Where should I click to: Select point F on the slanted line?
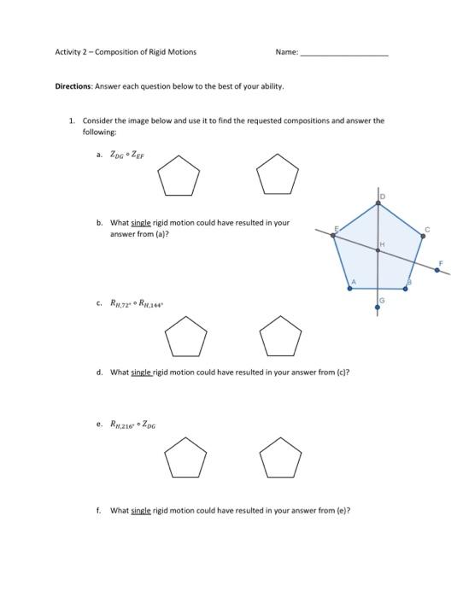[437, 270]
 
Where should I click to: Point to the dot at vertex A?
[350, 289]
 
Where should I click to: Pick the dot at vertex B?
[405, 289]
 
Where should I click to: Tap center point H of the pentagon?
[378, 250]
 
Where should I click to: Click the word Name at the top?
[286, 52]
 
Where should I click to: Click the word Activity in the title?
[70, 52]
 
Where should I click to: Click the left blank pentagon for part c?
[185, 337]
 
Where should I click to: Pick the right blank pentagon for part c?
[280, 337]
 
